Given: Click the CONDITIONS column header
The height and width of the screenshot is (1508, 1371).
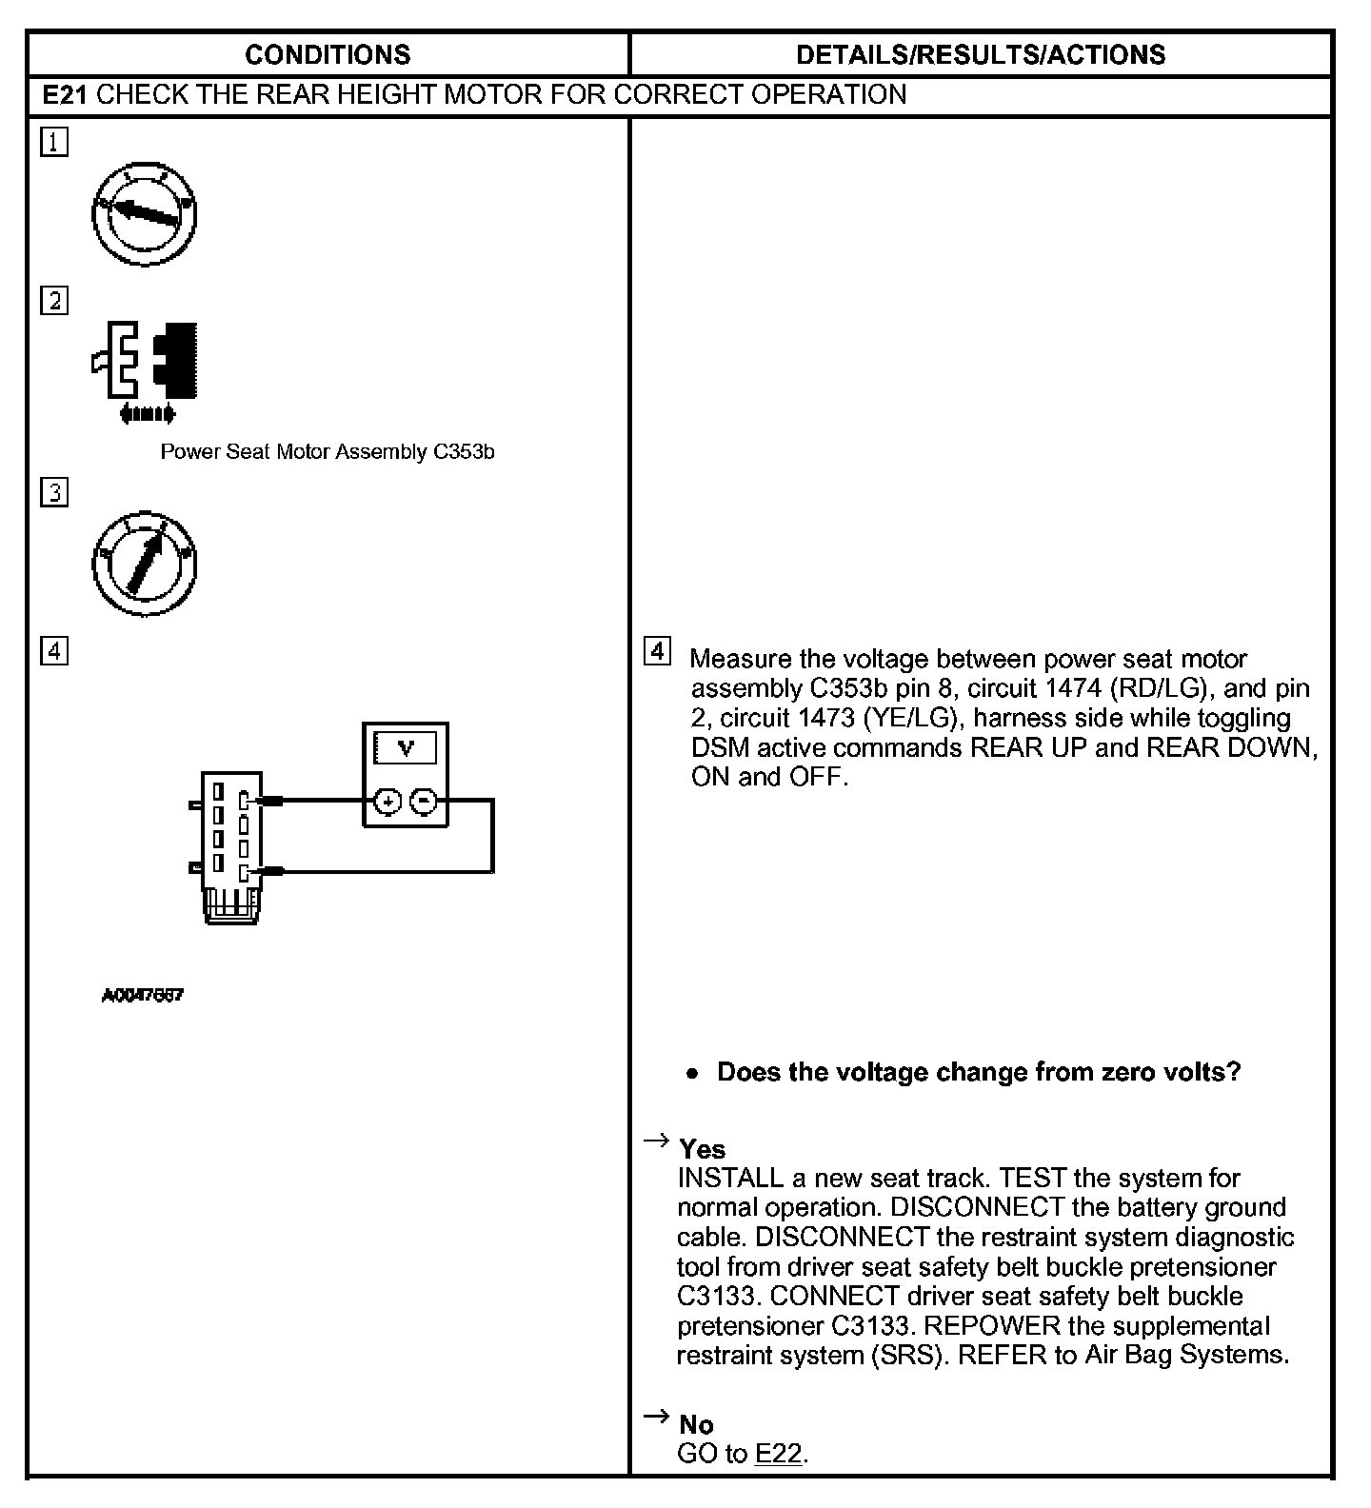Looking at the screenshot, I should click(328, 54).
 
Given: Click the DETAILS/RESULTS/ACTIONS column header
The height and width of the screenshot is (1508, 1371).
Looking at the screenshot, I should click(980, 54).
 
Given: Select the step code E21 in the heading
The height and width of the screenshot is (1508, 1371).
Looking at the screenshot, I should click(67, 95).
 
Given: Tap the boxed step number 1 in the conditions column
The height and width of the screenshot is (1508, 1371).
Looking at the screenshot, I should click(54, 143).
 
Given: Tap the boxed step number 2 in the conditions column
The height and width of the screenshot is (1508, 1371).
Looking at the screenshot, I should click(54, 301).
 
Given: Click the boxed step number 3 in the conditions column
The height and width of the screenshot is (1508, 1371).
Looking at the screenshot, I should click(54, 492).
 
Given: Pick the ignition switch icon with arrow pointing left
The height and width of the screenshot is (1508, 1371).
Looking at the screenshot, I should click(145, 213).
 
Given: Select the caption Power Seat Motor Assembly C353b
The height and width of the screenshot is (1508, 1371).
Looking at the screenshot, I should click(327, 452).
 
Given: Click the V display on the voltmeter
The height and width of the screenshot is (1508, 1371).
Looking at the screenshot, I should click(406, 748).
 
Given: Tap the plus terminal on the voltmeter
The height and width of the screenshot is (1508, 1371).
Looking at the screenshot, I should click(387, 802).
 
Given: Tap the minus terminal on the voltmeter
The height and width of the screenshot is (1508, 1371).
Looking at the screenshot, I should click(425, 802).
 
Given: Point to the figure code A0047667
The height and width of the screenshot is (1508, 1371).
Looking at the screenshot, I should click(143, 996).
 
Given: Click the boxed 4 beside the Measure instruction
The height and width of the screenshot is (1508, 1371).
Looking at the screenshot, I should click(657, 652).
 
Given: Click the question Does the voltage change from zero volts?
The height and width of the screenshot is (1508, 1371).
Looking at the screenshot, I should click(979, 1072).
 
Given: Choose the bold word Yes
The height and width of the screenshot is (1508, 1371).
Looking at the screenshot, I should click(702, 1149).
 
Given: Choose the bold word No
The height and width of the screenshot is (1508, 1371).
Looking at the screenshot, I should click(696, 1424).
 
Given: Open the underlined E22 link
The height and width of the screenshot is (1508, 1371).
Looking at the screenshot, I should click(778, 1454).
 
